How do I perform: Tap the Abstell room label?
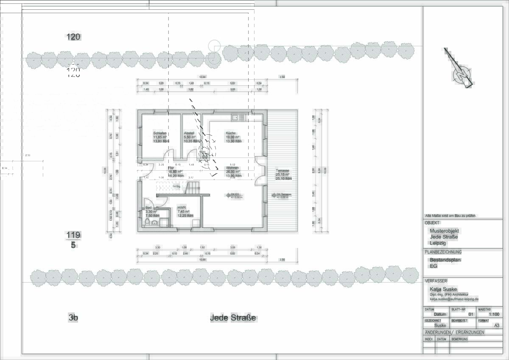pos(189,133)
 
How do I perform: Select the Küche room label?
pos(231,133)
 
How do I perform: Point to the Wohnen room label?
pos(232,168)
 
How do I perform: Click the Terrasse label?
pos(282,171)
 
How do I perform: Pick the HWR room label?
pos(181,208)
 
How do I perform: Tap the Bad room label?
pos(148,208)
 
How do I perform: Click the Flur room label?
pos(171,168)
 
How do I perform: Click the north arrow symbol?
pos(460,70)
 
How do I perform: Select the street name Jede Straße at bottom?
pos(233,318)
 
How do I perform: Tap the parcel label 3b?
pos(73,317)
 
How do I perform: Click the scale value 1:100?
pos(494,315)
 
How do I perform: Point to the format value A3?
pos(497,325)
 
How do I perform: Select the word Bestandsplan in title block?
pos(445,260)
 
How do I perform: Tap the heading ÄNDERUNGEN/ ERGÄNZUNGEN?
pos(454,332)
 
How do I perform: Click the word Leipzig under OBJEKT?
pos(438,243)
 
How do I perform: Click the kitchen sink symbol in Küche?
pos(239,117)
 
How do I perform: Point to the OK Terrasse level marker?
pos(282,195)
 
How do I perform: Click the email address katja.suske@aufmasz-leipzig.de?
pos(454,299)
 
